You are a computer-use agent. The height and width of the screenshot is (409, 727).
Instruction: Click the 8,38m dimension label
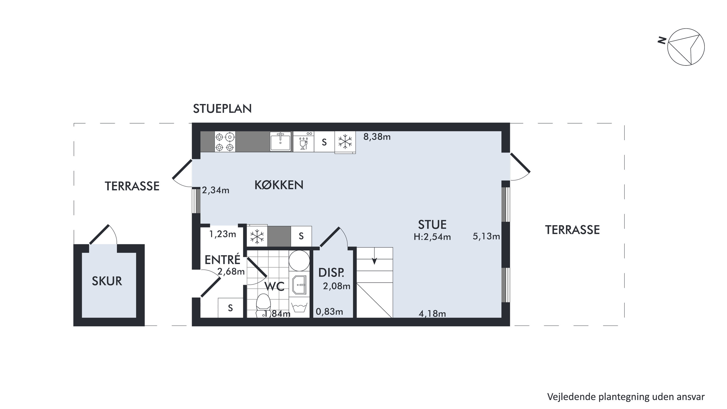(x=377, y=137)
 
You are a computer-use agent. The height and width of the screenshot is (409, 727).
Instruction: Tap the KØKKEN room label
(x=279, y=185)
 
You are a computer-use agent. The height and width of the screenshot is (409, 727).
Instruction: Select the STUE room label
(x=432, y=225)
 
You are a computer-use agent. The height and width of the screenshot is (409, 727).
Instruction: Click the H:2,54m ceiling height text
(x=432, y=237)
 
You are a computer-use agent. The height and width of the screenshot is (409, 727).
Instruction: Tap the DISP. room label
(x=331, y=273)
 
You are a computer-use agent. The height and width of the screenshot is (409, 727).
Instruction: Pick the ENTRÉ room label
(x=222, y=260)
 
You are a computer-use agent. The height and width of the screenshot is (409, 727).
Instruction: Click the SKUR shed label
(x=107, y=281)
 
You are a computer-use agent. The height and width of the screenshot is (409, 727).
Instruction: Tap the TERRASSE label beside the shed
(x=132, y=186)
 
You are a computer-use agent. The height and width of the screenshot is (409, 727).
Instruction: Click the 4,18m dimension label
(x=432, y=313)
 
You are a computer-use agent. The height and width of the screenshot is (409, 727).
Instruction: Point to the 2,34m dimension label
(x=216, y=190)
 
